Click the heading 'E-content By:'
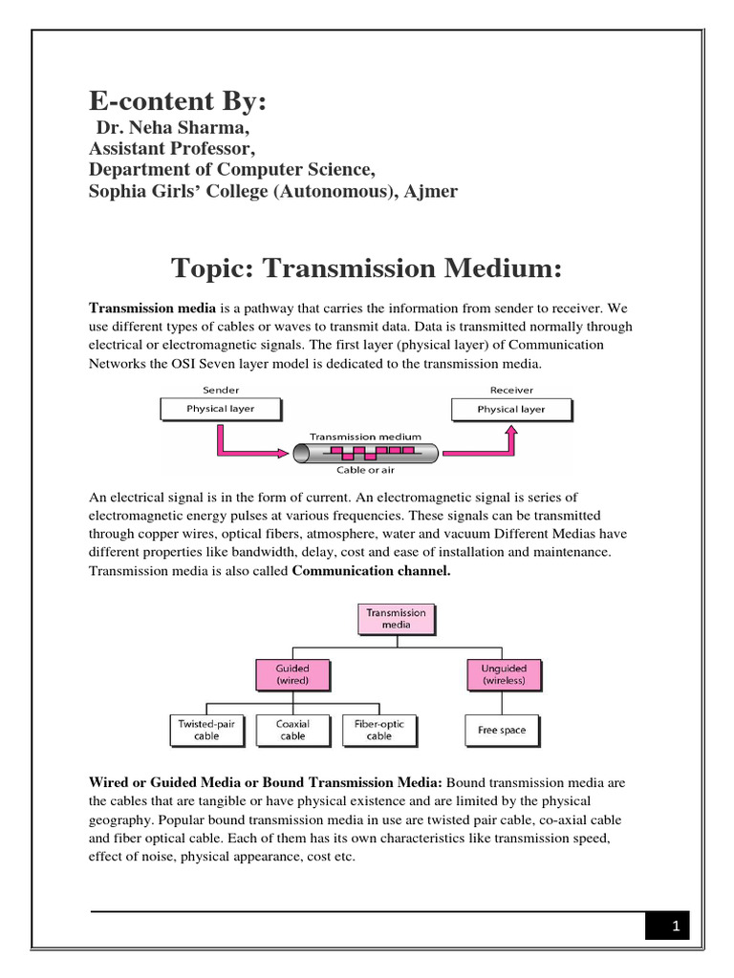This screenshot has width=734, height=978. click(x=177, y=103)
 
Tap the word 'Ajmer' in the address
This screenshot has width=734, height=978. click(x=432, y=191)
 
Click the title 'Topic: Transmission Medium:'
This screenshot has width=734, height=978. click(x=366, y=269)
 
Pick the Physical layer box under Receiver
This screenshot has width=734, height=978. click(x=511, y=409)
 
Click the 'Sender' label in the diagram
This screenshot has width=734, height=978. click(x=221, y=390)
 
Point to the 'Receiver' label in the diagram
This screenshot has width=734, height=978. click(x=511, y=390)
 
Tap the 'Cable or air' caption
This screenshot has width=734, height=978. click(x=363, y=470)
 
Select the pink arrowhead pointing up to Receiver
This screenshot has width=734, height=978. click(x=511, y=432)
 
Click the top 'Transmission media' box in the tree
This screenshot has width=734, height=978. click(x=397, y=618)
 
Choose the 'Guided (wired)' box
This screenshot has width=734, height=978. click(x=292, y=675)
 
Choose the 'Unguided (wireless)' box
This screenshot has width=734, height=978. click(x=504, y=675)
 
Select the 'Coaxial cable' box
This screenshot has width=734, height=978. click(x=292, y=731)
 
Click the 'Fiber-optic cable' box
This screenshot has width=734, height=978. click(x=379, y=731)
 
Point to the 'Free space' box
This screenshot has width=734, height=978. click(x=502, y=731)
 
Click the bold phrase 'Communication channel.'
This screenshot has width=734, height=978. click(x=371, y=571)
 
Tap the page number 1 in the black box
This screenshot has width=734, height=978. click(x=675, y=925)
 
